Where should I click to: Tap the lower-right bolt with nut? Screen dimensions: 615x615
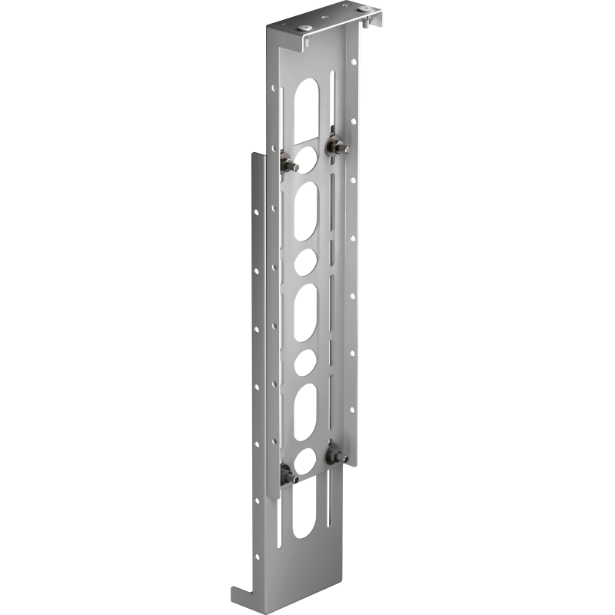(x=335, y=456)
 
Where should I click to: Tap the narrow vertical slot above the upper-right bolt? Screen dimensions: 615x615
(x=333, y=100)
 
